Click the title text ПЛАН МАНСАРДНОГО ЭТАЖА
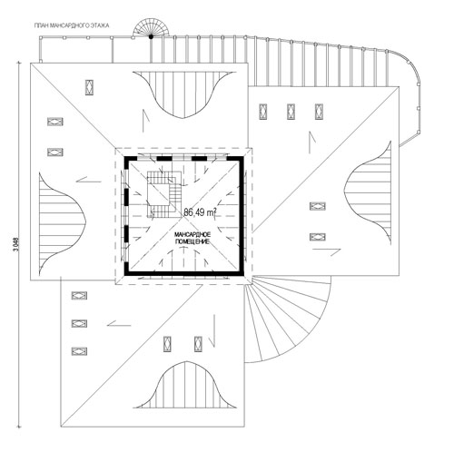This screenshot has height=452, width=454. [72, 25]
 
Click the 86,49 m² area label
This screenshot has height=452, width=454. [200, 212]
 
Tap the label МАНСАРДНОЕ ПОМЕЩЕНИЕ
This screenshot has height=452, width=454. [192, 238]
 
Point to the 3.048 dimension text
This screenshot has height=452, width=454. [17, 244]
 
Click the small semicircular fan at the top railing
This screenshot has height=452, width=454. [151, 28]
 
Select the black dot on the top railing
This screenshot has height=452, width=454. [151, 36]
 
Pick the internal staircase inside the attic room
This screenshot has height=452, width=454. [164, 194]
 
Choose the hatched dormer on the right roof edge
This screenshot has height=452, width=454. [368, 192]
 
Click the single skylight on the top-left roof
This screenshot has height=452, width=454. [89, 87]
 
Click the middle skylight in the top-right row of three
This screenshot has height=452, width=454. [291, 112]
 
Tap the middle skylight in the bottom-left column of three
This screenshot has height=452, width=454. [79, 323]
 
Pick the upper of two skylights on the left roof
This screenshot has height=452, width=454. [55, 122]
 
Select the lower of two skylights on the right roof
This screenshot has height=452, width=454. [318, 237]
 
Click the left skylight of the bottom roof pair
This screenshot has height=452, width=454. [167, 344]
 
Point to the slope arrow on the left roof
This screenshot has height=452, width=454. [88, 181]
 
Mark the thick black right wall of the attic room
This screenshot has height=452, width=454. [242, 216]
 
